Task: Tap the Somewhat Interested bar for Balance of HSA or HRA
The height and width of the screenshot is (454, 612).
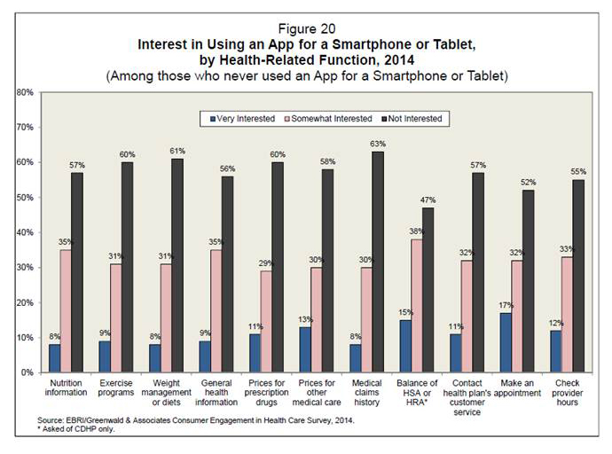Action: pos(416,306)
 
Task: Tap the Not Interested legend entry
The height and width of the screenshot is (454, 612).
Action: pos(407,118)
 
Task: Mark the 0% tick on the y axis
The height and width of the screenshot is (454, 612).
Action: pos(27,373)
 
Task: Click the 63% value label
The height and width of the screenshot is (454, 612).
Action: pos(380,144)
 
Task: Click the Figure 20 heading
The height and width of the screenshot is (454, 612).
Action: pos(306,27)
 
